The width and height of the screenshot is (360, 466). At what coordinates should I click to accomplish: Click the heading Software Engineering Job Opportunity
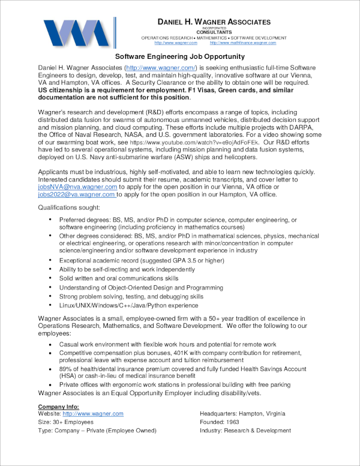179,56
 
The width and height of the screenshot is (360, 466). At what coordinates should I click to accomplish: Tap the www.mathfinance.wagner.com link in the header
242,43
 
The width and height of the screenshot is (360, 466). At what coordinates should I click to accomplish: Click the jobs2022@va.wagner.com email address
77,195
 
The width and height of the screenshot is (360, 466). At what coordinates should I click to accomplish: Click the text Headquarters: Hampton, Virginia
242,414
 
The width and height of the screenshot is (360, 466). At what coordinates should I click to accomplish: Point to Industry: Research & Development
245,431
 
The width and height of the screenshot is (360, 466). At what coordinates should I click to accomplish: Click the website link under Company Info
93,414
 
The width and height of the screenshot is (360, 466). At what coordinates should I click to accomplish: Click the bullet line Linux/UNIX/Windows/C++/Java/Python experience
129,305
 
